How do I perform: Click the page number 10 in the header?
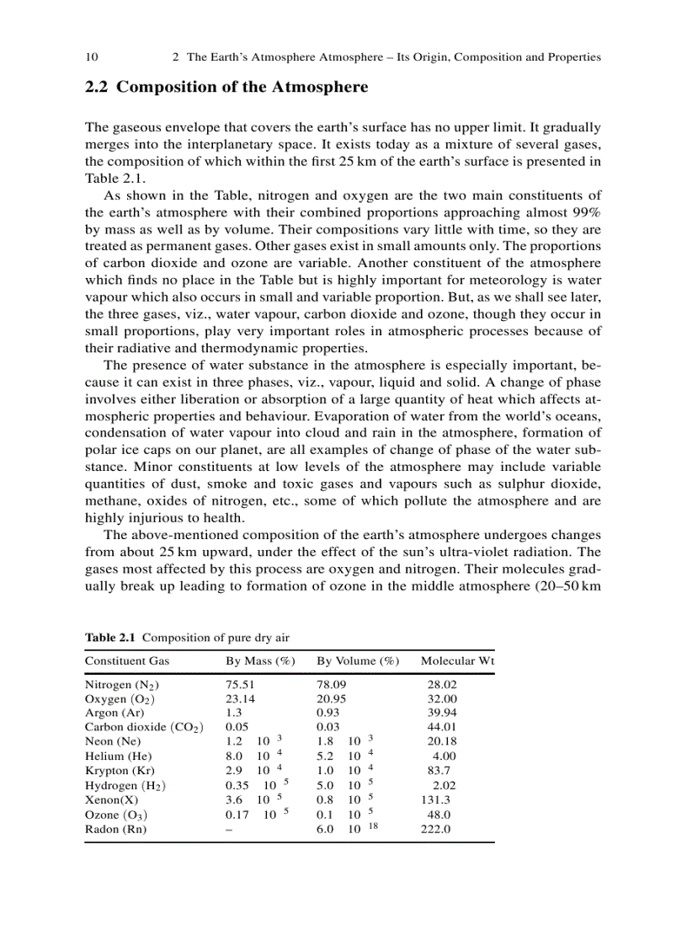pyautogui.click(x=92, y=57)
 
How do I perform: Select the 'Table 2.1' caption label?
pyautogui.click(x=109, y=637)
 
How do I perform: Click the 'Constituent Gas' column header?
pyautogui.click(x=127, y=661)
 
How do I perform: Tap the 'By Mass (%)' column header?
pyautogui.click(x=260, y=661)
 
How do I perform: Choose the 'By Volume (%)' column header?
pyautogui.click(x=358, y=661)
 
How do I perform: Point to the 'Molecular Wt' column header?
pyautogui.click(x=457, y=661)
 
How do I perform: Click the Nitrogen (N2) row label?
pyautogui.click(x=123, y=686)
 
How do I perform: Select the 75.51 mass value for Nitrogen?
pyautogui.click(x=241, y=685)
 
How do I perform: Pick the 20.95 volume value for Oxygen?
pyautogui.click(x=331, y=699)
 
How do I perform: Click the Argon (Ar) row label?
pyautogui.click(x=114, y=714)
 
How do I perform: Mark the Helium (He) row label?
pyautogui.click(x=119, y=756)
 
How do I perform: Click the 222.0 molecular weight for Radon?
pyautogui.click(x=436, y=829)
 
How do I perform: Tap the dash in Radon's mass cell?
pyautogui.click(x=229, y=829)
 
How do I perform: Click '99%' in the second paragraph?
pyautogui.click(x=586, y=214)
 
